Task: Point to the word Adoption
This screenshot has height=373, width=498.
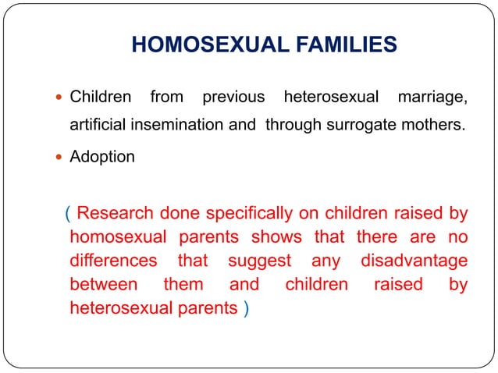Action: (102, 157)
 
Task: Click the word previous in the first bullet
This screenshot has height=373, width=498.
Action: (233, 98)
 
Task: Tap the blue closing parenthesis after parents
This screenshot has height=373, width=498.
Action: (247, 308)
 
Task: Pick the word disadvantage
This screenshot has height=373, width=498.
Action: (414, 260)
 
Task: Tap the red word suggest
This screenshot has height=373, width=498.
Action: (259, 260)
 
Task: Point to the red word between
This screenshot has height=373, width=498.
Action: (104, 284)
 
